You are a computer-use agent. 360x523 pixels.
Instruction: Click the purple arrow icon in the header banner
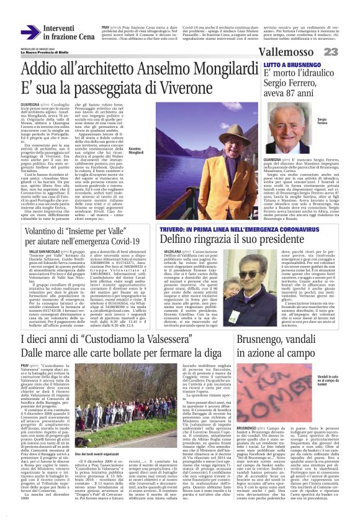point(30,32)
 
